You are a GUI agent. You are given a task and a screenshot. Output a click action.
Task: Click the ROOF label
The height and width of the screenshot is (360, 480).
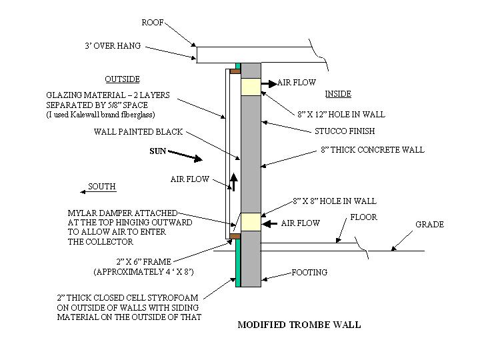153,23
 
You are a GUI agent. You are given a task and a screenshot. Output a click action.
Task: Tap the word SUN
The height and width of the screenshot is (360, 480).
157,151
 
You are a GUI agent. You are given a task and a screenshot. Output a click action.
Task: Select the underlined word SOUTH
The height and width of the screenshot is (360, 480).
102,187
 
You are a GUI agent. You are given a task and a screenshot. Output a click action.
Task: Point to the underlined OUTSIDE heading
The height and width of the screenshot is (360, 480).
123,79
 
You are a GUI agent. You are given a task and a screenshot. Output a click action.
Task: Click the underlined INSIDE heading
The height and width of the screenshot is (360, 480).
338,94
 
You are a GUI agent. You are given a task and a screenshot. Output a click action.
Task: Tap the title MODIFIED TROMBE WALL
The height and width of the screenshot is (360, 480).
299,325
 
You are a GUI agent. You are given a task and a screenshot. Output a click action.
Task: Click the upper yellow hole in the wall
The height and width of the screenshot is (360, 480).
251,87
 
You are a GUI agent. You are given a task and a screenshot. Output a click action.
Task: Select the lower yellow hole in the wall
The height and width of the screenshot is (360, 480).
251,221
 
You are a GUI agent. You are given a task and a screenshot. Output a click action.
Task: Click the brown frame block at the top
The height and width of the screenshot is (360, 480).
235,72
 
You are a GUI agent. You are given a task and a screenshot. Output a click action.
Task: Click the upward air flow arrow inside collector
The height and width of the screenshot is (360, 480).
234,181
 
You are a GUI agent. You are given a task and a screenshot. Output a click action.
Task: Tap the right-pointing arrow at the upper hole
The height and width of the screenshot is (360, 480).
268,84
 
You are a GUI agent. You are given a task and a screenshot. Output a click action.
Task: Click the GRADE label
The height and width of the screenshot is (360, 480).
429,224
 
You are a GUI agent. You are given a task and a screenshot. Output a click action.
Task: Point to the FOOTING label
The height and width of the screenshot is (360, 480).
309,273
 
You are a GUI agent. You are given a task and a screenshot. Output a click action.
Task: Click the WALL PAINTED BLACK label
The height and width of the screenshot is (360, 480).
139,132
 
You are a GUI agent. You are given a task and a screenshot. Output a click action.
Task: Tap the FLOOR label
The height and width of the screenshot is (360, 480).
364,217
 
